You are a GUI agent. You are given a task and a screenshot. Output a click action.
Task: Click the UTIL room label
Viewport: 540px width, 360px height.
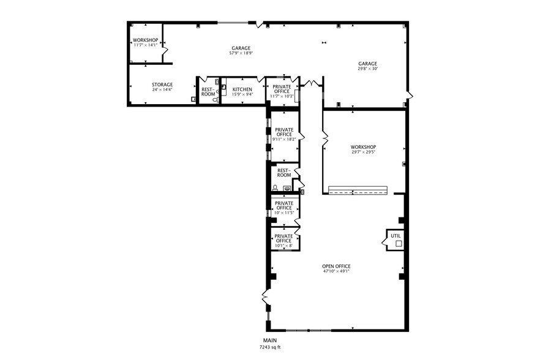pos(396,235)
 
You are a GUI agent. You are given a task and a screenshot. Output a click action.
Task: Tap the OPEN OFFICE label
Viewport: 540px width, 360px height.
pos(336,266)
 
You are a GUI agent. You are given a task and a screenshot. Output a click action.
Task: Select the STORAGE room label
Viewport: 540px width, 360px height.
pos(162,84)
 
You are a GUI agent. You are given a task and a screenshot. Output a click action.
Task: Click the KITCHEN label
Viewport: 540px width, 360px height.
pos(242,89)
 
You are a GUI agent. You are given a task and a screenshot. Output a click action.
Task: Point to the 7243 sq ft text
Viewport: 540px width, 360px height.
pos(270,347)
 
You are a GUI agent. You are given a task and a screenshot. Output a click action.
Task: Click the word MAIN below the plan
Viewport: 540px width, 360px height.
pos(270,340)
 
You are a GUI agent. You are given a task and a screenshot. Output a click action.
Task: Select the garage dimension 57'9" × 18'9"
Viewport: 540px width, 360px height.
pos(241,53)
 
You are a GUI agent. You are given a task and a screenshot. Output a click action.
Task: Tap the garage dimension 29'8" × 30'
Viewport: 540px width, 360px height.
pos(367,69)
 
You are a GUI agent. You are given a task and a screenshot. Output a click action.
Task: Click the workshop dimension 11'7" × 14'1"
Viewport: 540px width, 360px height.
pos(145,45)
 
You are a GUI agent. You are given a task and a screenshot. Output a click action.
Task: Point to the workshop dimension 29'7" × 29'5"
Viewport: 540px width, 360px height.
pos(363,152)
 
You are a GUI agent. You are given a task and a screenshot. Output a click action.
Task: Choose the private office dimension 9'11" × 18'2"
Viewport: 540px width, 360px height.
pos(284,139)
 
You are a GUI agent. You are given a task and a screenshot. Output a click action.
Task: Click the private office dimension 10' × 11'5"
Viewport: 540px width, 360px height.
pos(283,213)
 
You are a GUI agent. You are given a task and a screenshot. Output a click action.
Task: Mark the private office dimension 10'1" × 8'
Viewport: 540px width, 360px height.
pos(283,246)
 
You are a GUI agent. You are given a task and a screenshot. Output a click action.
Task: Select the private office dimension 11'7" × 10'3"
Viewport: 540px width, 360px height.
pos(282,96)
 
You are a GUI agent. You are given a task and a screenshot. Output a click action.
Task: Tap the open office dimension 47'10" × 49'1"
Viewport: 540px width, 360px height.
pos(336,271)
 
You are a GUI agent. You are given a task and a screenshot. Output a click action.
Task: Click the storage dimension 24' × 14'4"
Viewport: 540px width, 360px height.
pos(162,90)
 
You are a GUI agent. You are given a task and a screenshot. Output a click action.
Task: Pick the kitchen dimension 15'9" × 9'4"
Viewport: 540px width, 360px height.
pos(242,94)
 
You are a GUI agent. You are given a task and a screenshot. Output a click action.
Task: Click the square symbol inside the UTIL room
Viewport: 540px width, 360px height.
pos(398,244)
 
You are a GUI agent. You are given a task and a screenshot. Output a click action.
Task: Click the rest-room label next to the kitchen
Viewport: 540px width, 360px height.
pos(208,92)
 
